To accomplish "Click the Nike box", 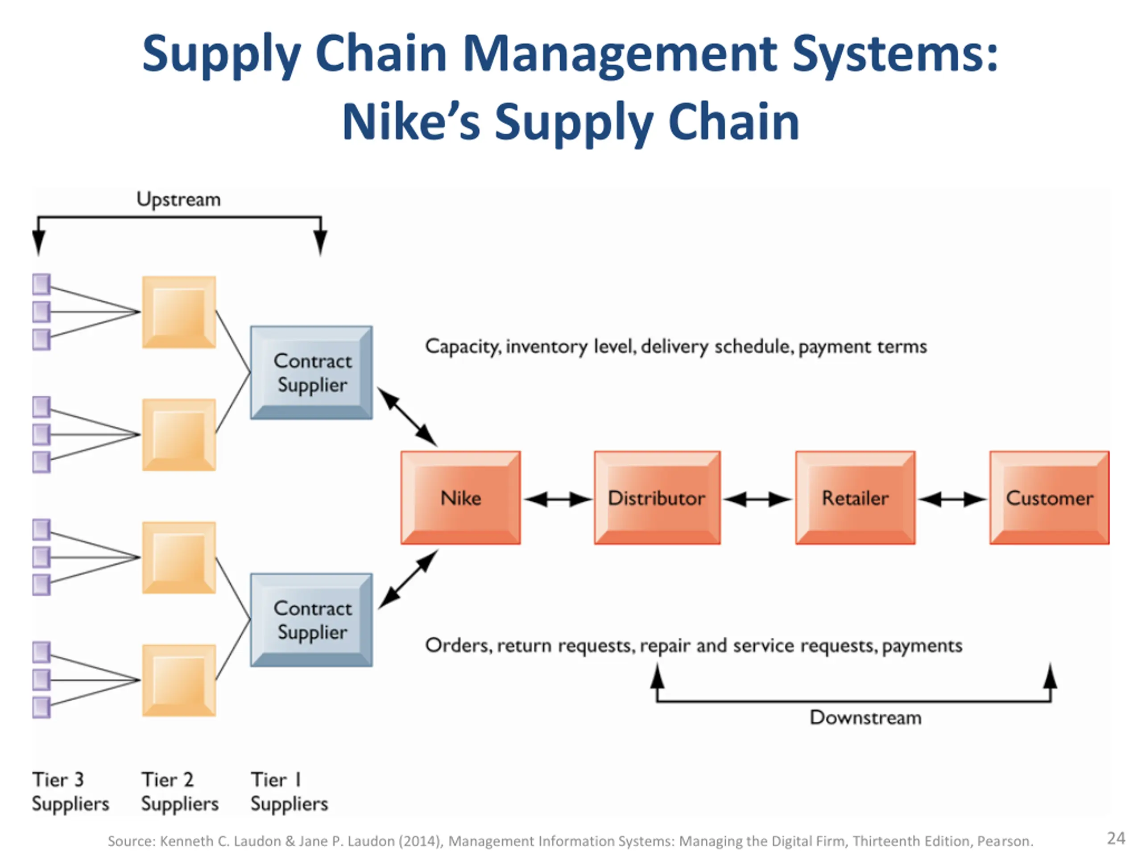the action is point(460,498).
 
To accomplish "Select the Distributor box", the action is point(657,498).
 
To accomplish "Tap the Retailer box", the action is point(856,498).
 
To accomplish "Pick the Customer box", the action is point(1050,498).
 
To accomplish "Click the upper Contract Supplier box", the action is point(311,372).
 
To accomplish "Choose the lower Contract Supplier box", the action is point(311,620).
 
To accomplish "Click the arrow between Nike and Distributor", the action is point(558,499).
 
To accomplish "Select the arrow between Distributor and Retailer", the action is point(757,499).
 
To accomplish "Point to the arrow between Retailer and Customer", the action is point(952,499).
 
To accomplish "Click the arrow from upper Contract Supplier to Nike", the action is point(407,417).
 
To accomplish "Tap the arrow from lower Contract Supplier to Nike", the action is point(408,579).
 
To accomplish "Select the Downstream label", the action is point(865,718).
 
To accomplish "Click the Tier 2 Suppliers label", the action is point(180,791).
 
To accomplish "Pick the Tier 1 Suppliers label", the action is point(290,791).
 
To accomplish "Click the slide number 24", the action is point(1116,838).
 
